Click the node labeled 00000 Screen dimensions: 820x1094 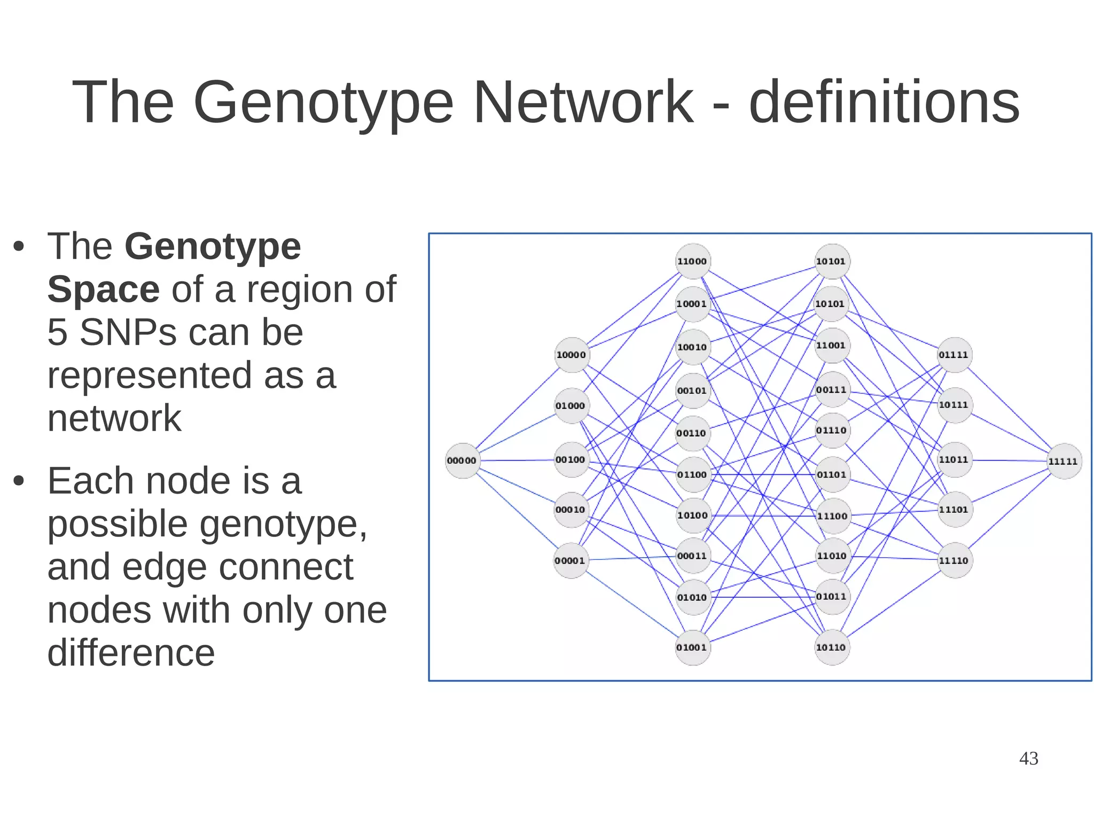click(x=462, y=460)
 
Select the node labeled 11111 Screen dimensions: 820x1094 click(x=1064, y=461)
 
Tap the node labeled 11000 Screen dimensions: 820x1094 click(x=692, y=261)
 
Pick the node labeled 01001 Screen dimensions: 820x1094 click(x=692, y=647)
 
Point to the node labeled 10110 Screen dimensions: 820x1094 click(x=832, y=647)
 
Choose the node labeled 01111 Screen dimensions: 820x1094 click(x=954, y=355)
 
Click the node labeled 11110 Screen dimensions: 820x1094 click(x=954, y=560)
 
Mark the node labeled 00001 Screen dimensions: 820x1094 click(x=571, y=560)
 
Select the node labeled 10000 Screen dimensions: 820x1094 click(x=572, y=355)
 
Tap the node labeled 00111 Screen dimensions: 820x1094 click(x=832, y=389)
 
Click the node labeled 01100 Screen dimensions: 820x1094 click(x=692, y=474)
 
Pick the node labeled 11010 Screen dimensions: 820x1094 click(x=832, y=556)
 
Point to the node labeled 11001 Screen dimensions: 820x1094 click(x=832, y=346)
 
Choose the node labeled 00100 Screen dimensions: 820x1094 click(x=571, y=459)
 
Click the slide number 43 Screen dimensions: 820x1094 click(x=1028, y=759)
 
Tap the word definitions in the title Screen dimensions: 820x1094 click(x=884, y=101)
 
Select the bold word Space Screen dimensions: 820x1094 click(x=103, y=289)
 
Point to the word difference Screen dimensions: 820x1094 click(x=131, y=652)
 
